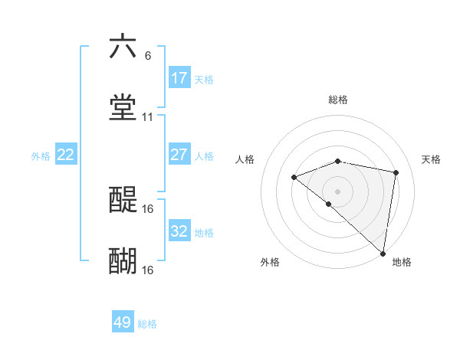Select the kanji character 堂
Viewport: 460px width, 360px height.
click(123, 108)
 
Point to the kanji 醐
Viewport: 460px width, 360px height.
click(123, 261)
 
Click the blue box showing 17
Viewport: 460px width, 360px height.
click(179, 78)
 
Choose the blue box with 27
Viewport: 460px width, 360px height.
click(179, 155)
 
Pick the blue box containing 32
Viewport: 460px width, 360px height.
click(179, 231)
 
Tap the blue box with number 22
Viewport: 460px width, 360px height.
click(66, 155)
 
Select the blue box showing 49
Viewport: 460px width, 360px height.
click(123, 322)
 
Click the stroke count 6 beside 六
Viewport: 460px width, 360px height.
click(148, 55)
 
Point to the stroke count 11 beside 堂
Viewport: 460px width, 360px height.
click(148, 117)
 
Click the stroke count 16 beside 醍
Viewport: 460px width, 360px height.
click(148, 208)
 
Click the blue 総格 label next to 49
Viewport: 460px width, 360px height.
click(148, 324)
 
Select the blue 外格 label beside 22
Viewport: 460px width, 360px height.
click(41, 156)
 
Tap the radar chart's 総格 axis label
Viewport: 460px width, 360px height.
click(338, 100)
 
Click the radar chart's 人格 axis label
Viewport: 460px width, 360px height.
click(245, 159)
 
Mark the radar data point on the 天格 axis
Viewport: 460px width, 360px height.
click(396, 172)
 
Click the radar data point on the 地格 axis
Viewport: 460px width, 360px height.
click(383, 254)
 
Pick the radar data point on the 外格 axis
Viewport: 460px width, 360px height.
click(328, 204)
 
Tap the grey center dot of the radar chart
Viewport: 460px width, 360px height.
click(338, 191)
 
